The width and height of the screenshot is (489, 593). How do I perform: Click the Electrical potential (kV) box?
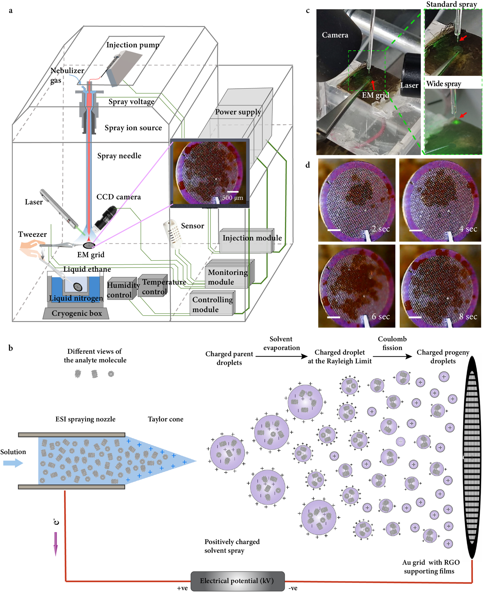tap(237, 581)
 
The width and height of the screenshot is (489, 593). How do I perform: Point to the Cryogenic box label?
tap(77, 313)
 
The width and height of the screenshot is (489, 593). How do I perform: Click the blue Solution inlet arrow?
tap(13, 463)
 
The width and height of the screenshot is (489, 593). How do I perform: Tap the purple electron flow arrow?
tap(55, 544)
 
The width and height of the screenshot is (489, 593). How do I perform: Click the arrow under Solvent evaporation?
tap(281, 356)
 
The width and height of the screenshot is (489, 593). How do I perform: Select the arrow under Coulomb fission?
tap(392, 356)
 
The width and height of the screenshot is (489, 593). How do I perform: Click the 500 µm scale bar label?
tap(232, 198)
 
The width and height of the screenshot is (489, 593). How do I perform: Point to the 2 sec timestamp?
tap(381, 229)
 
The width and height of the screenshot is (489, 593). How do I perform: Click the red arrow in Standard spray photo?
tap(463, 38)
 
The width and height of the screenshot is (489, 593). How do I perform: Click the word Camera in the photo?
tap(335, 35)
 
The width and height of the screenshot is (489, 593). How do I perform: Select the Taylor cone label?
tap(165, 419)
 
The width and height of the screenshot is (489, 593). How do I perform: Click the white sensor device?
tap(172, 234)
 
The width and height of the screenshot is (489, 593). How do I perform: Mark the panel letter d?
tap(308, 165)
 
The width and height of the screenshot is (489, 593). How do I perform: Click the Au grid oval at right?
tap(472, 459)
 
